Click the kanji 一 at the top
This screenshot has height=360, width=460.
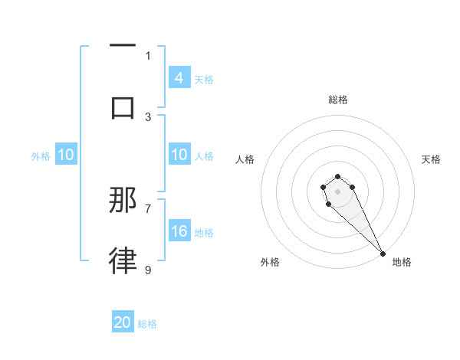click(x=123, y=47)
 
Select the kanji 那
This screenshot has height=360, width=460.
click(x=123, y=200)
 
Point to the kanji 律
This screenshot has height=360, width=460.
click(x=123, y=260)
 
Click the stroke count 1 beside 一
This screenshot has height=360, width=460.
click(x=148, y=55)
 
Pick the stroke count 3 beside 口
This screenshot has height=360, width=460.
click(x=148, y=116)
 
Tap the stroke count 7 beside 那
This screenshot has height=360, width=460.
click(x=148, y=208)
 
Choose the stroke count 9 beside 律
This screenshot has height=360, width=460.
click(x=148, y=270)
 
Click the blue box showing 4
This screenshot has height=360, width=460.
click(x=179, y=78)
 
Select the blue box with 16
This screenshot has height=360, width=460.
click(x=179, y=231)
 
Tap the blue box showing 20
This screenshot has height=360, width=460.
click(x=123, y=323)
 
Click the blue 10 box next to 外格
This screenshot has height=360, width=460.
click(x=66, y=155)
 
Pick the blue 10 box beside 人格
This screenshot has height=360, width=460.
click(x=179, y=155)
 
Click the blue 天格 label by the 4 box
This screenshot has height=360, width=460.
click(x=204, y=79)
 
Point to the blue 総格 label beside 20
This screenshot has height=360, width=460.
click(x=147, y=324)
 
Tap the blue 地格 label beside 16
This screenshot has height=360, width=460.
click(x=204, y=232)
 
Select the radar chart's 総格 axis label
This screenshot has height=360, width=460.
click(x=338, y=100)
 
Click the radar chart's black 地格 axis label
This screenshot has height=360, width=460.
click(x=402, y=262)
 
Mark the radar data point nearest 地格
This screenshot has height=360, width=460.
click(x=383, y=254)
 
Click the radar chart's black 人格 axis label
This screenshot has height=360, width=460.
click(x=245, y=159)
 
